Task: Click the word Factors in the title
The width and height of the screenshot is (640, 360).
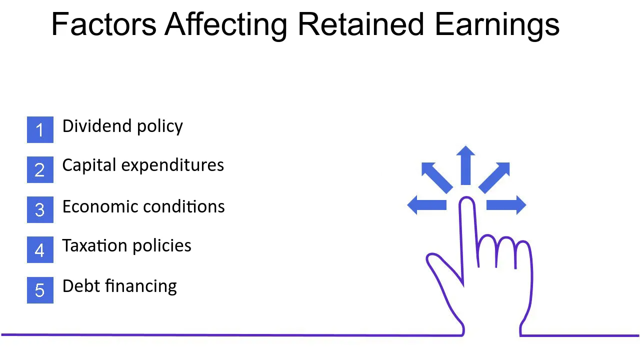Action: (104, 24)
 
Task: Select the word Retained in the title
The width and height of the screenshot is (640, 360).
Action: (360, 24)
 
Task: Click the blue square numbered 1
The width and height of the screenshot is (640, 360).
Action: (40, 129)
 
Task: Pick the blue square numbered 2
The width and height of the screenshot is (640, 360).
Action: (40, 169)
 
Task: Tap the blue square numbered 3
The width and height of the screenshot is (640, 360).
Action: (40, 209)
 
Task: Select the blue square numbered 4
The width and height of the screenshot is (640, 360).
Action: (40, 249)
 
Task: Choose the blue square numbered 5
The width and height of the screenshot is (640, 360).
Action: (40, 290)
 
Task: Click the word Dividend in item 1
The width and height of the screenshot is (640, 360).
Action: (97, 126)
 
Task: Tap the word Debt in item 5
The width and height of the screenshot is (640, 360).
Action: (81, 286)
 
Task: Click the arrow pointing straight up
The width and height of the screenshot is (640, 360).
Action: (465, 165)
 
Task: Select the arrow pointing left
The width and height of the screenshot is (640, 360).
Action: (427, 205)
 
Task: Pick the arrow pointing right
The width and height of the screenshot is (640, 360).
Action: (506, 205)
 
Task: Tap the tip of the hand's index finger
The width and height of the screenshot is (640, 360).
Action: (467, 197)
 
